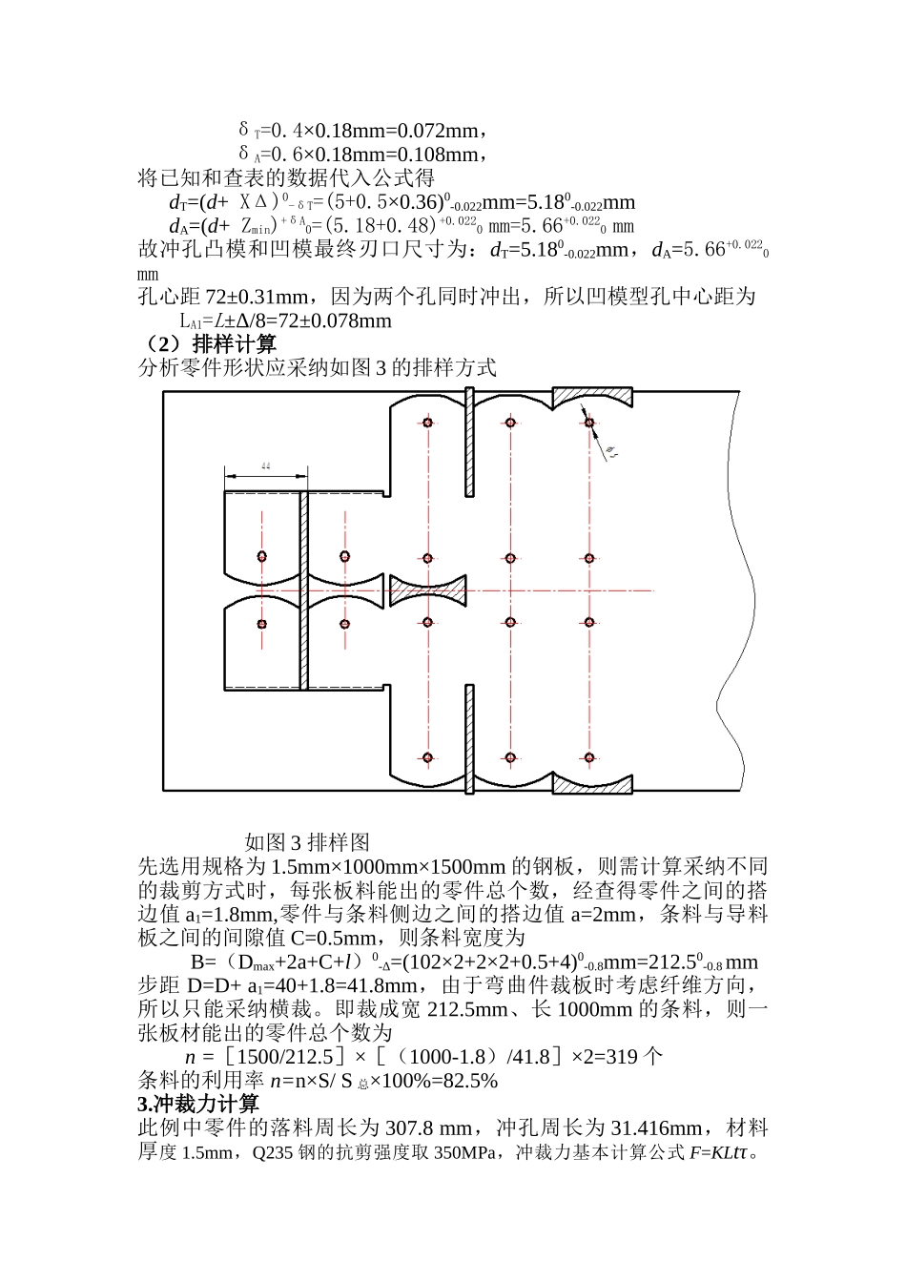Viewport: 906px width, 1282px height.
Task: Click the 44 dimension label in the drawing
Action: click(x=265, y=465)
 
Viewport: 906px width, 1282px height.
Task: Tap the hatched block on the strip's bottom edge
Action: click(x=591, y=784)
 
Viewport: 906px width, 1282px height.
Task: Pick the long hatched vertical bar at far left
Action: click(x=304, y=589)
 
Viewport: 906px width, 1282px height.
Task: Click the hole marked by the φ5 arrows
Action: click(x=590, y=423)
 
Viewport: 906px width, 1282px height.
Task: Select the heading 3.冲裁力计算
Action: click(x=198, y=1105)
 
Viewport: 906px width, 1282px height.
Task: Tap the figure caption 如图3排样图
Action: click(x=306, y=842)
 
